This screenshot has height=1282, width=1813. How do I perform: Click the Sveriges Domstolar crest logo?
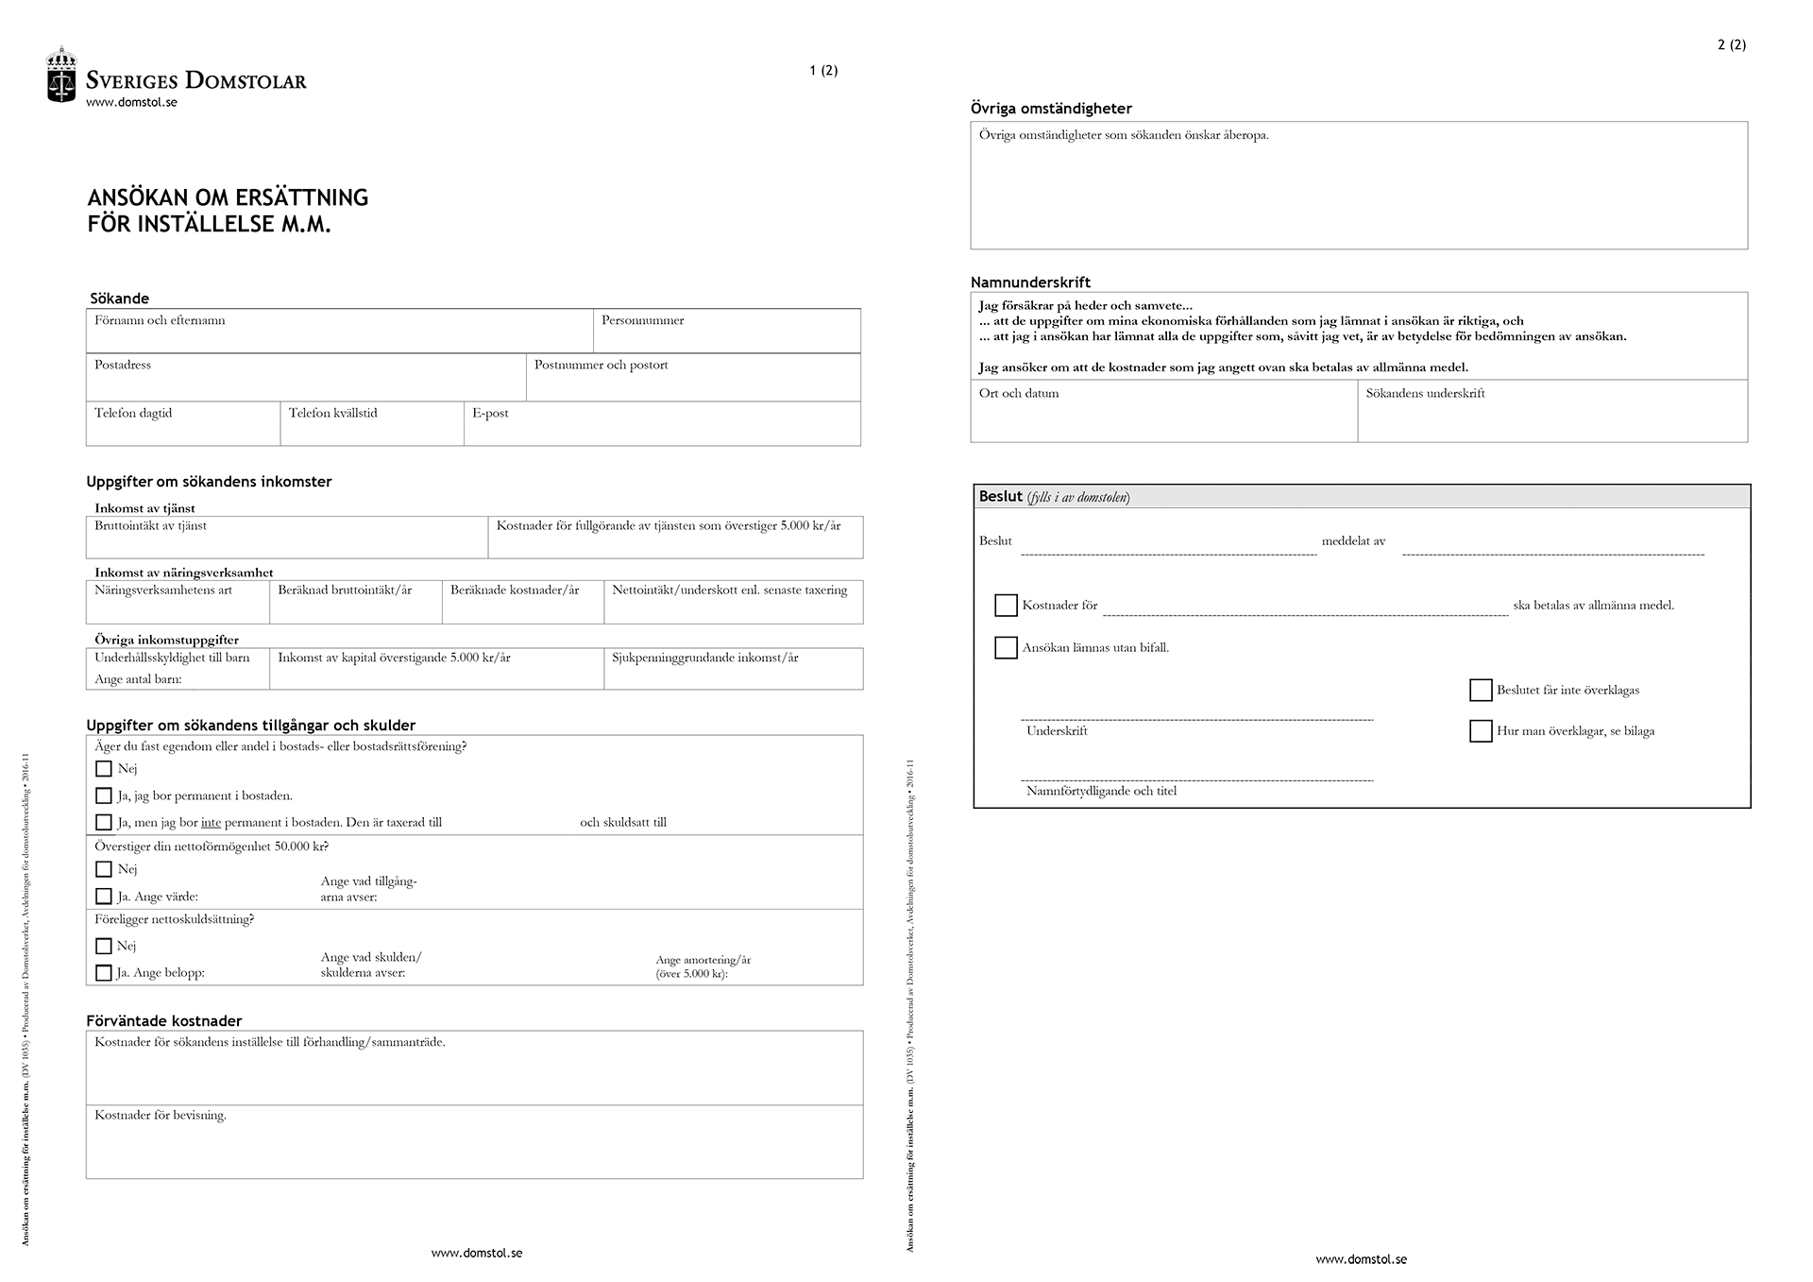pos(61,75)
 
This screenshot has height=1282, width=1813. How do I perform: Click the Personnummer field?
pos(726,332)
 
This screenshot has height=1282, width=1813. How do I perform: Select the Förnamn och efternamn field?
pos(339,332)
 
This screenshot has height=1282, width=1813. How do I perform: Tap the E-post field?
pos(662,424)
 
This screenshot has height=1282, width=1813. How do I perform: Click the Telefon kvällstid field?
pos(371,424)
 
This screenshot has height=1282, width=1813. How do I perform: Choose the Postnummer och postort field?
pos(692,378)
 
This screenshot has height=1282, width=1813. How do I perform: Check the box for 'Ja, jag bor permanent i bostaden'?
pos(104,795)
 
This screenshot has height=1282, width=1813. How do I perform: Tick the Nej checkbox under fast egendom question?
pos(104,769)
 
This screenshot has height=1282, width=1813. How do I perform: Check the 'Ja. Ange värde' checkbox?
pos(104,896)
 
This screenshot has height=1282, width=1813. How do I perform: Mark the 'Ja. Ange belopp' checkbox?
pos(104,972)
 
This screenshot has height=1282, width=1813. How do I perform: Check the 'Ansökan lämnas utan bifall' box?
pos(1006,648)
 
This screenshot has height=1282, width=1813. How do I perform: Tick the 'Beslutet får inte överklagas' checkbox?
pos(1481,691)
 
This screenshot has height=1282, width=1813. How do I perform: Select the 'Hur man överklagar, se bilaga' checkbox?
pos(1481,731)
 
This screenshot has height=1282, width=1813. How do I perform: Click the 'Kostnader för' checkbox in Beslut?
pos(1006,606)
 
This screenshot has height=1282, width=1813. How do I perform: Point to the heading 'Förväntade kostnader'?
pos(164,1021)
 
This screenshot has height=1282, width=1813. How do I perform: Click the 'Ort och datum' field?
pos(1163,412)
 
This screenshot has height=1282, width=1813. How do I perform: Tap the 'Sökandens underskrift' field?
pos(1552,412)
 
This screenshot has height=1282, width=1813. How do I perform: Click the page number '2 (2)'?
pos(1731,44)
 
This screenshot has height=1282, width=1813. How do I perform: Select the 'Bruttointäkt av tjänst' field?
pos(286,538)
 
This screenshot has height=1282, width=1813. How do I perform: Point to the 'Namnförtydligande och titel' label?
pos(1101,792)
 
